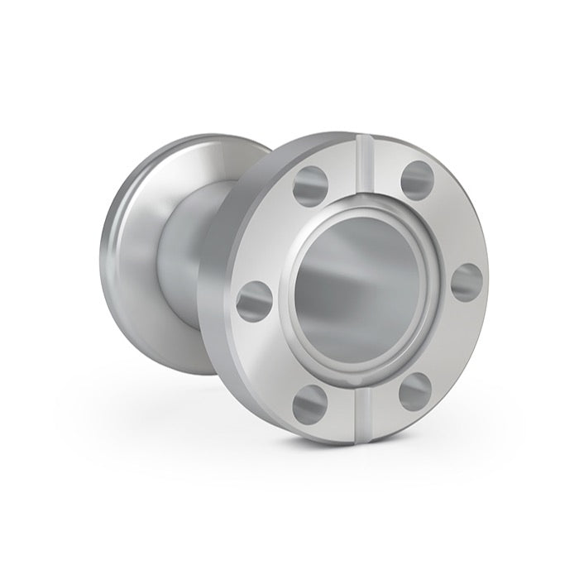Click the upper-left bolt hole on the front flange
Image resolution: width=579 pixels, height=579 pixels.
pos(310,185)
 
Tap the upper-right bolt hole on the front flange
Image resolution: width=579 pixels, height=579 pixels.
pos(417,179)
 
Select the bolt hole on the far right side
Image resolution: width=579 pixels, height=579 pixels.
pos(467,283)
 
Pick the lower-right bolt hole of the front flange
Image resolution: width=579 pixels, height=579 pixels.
pos(415,391)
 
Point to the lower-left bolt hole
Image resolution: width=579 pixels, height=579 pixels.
pos(310,402)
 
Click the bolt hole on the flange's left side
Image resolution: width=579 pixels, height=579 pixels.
pos(254,301)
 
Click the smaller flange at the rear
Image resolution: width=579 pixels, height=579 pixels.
pos(132,248)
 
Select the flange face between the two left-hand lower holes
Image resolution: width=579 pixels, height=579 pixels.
pos(273,356)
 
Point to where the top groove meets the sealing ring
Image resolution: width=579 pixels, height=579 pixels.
pos(364,203)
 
